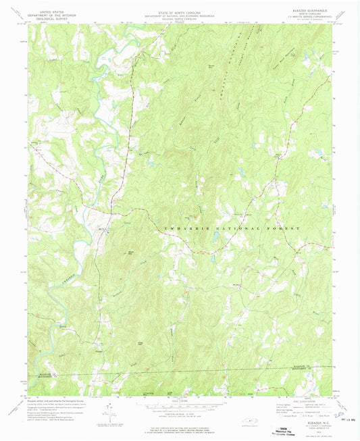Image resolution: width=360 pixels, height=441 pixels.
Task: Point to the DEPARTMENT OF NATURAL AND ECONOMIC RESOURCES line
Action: click(180, 14)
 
